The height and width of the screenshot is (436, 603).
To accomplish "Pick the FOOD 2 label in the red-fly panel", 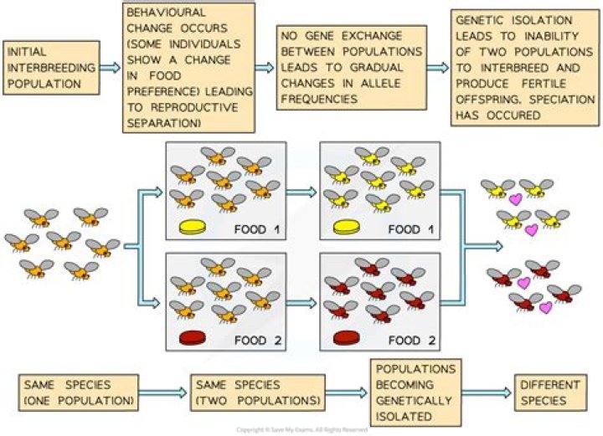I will [x=415, y=341].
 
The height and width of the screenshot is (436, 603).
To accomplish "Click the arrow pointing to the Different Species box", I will [x=487, y=393].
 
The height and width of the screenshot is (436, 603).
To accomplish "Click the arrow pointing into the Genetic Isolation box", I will [x=435, y=66].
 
